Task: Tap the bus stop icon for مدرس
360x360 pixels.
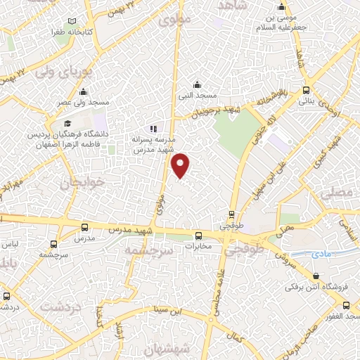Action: [x=84, y=227]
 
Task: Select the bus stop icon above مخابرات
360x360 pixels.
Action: [x=198, y=236]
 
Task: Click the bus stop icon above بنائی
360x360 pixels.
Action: [x=306, y=90]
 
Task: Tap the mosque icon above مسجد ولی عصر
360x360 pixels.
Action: [x=84, y=91]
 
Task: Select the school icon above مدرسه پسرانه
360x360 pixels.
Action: [x=154, y=129]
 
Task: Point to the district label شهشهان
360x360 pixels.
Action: [x=167, y=348]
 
